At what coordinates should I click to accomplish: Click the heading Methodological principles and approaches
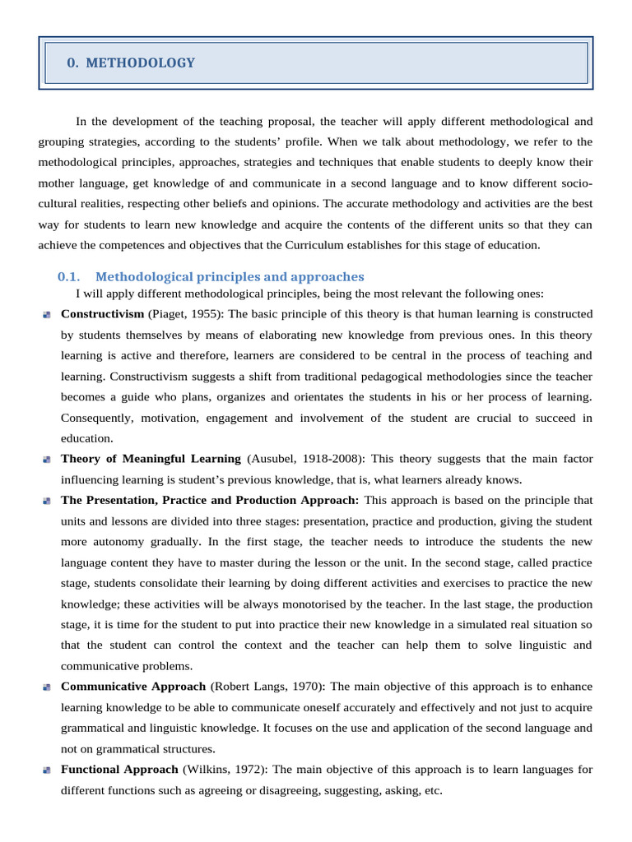click(x=230, y=277)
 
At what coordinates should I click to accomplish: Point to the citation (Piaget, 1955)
click(x=185, y=314)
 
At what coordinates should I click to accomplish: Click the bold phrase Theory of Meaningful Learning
click(x=151, y=459)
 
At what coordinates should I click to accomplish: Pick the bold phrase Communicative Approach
click(x=133, y=687)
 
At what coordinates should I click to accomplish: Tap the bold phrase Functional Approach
click(x=119, y=770)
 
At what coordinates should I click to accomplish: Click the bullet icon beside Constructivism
click(x=47, y=315)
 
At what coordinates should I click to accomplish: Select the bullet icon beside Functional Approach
click(x=47, y=770)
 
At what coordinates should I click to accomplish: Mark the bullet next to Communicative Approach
click(x=47, y=687)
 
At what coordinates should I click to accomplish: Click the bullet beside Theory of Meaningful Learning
click(x=47, y=460)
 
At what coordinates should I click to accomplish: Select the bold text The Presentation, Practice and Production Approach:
click(x=210, y=500)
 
